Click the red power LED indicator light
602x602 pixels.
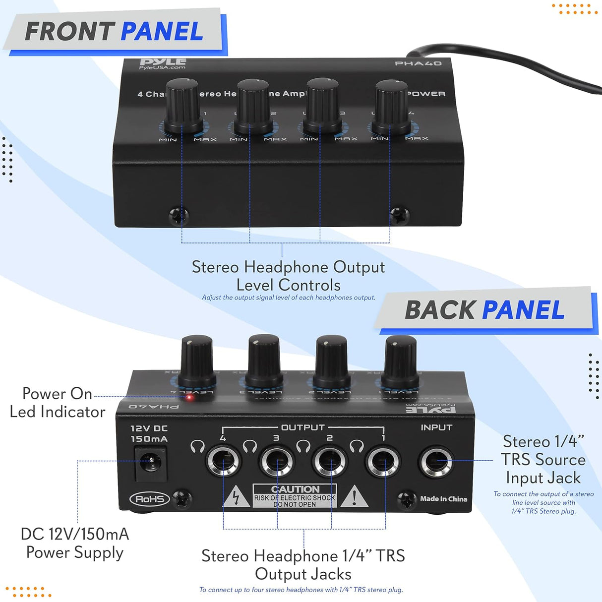point(189,397)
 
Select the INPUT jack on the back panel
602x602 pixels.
point(436,462)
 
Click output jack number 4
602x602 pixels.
point(224,462)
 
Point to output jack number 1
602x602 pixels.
point(383,462)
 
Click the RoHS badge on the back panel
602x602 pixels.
point(150,499)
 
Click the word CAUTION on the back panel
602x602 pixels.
point(295,489)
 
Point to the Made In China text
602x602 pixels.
point(443,499)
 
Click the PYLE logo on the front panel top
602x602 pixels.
point(163,62)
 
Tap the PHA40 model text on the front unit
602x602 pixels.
point(418,63)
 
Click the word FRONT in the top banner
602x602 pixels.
point(70,32)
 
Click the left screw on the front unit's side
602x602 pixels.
point(179,216)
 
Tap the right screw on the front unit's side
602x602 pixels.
point(399,215)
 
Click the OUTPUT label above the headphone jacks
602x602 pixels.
point(303,427)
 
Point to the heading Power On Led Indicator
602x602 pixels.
point(57,402)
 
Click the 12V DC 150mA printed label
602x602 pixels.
point(149,433)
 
